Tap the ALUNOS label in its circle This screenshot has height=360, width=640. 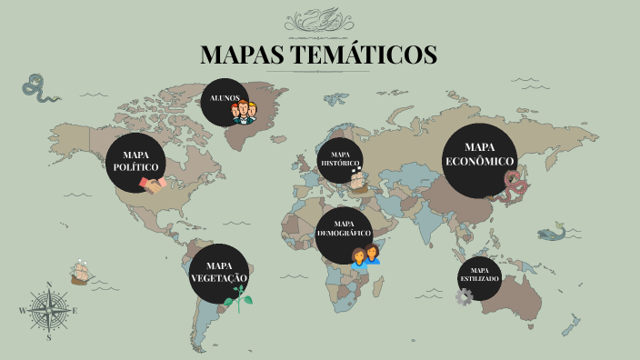pos(225,96)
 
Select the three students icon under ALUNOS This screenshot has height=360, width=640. pos(245,111)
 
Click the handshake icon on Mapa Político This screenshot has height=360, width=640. pos(152,184)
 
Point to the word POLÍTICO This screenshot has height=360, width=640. pos(135,167)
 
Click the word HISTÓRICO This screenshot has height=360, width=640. pos(341,164)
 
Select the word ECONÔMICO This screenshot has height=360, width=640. pos(479,161)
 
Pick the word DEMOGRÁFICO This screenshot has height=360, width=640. pos(345,234)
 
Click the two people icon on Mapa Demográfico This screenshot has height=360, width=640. pos(365,256)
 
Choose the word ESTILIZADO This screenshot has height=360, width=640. pos(479,278)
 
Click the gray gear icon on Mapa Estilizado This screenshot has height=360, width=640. pos(465,296)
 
